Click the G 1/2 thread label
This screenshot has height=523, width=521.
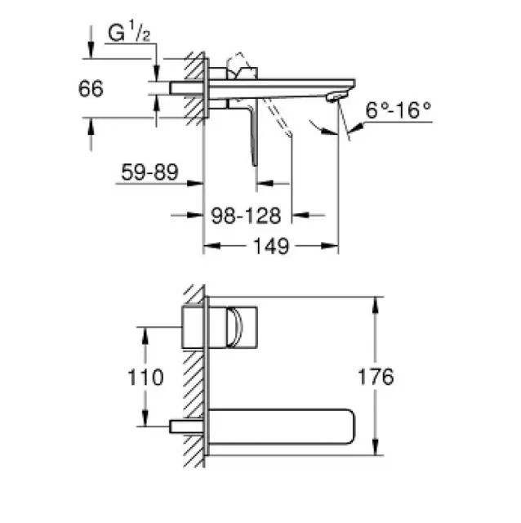point(129,32)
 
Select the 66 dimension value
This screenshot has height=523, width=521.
point(91,89)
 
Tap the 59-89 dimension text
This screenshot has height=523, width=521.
point(149,172)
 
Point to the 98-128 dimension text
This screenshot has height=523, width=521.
point(246,216)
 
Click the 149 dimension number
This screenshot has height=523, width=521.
point(271,246)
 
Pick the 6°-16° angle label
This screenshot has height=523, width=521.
point(399,110)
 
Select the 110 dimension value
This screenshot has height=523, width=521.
point(145,378)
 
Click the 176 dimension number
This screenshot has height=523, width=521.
point(376,377)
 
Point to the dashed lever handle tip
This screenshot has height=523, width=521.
point(289,134)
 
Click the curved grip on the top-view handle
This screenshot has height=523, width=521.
point(234,327)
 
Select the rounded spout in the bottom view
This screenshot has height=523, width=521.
point(282,427)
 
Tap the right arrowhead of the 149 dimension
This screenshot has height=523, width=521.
point(330,246)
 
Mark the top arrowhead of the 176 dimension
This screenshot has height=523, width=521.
point(376,305)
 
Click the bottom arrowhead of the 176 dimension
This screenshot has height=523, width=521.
point(376,447)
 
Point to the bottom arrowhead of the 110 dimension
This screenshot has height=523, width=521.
point(145,418)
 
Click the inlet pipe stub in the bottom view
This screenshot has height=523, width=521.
point(187,427)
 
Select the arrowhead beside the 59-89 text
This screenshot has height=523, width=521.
point(195,183)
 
